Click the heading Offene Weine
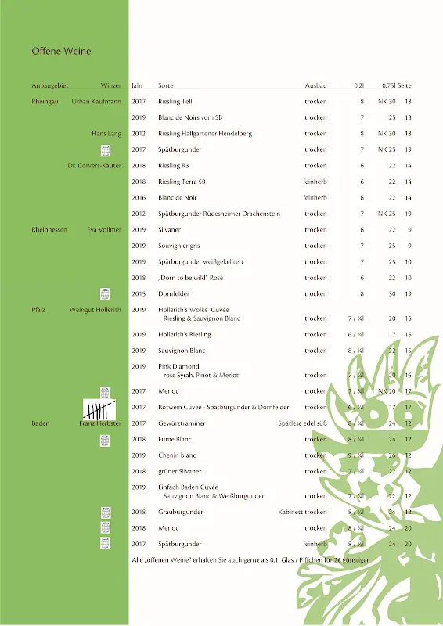point(61,52)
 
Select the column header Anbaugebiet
point(50,85)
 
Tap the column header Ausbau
point(316,85)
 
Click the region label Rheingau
point(45,102)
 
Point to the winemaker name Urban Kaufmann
point(96,102)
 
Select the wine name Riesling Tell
point(175,102)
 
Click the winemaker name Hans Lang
point(106,134)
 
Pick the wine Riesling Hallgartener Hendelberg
point(205,134)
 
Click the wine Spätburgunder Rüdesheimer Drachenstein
point(218,214)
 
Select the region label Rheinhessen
point(49,230)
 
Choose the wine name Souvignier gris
point(179,246)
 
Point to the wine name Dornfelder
point(174,294)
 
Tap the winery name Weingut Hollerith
point(95,310)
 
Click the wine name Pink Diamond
point(178,366)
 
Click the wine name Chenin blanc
point(177,455)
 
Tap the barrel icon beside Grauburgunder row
point(105,513)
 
